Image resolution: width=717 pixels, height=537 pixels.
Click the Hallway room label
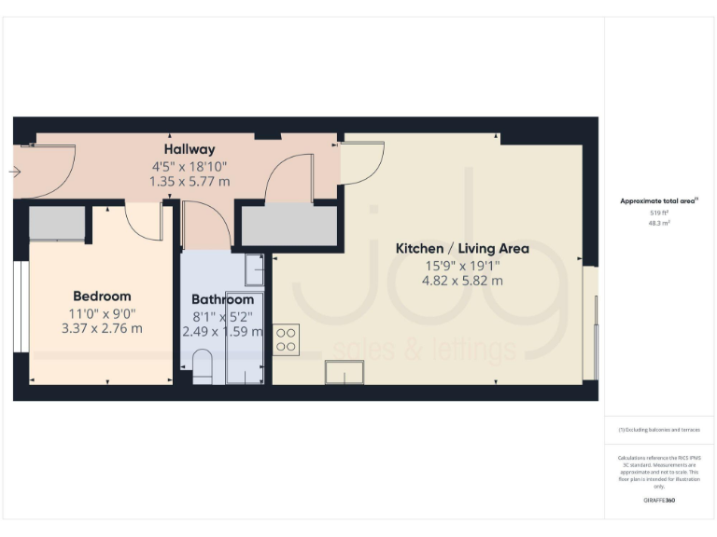coord(190,149)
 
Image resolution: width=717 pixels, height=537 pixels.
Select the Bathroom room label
coord(222,299)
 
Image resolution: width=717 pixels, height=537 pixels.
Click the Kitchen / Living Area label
coord(462,248)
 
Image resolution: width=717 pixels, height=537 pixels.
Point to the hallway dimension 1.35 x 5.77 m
coord(190,181)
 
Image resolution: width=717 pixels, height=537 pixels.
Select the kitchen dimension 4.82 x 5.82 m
coord(462,280)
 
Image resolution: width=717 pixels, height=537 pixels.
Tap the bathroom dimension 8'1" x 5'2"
coord(222,316)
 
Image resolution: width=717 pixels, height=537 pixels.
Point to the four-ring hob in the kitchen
coord(286,339)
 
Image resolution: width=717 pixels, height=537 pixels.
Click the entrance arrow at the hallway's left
coord(14,172)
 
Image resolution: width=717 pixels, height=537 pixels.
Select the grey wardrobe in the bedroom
coord(57,225)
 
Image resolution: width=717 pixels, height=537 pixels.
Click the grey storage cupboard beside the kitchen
coord(289,226)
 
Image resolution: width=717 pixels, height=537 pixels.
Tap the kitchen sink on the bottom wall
coord(344,373)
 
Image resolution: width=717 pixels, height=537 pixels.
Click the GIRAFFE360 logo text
coord(659,501)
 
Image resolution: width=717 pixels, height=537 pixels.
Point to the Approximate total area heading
coord(659,200)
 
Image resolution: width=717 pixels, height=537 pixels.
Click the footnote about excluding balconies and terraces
coord(659,429)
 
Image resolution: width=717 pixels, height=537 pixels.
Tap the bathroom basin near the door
coord(254,268)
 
